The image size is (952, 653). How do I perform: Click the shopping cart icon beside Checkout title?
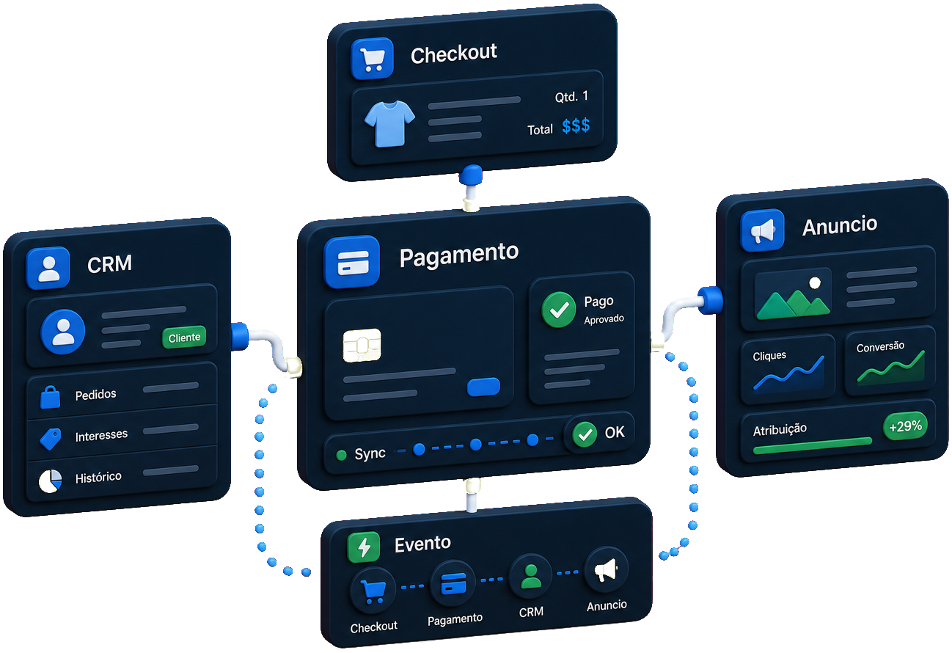[x=373, y=58]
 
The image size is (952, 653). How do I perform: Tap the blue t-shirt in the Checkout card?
[x=389, y=124]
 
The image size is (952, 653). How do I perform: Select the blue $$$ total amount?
[x=576, y=126]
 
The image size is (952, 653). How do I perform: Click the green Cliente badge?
[x=184, y=338]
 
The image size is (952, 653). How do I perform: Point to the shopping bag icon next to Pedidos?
[x=50, y=397]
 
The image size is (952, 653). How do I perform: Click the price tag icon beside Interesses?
[x=50, y=439]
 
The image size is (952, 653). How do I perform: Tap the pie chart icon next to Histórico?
[x=50, y=481]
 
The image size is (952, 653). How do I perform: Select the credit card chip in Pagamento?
[x=362, y=345]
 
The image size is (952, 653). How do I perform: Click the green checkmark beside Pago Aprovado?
[x=558, y=310]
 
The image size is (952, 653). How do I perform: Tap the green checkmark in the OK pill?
[x=585, y=434]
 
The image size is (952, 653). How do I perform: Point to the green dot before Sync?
[x=341, y=456]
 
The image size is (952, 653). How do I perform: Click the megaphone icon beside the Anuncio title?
[x=763, y=230]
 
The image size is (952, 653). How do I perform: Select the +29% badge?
[x=905, y=426]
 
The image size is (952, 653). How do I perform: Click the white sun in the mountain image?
[x=815, y=282]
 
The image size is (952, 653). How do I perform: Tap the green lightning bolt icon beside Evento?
[x=364, y=547]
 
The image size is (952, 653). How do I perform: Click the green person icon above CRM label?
[x=531, y=577]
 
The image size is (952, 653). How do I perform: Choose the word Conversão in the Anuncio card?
[x=880, y=347]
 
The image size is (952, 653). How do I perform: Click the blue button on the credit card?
[x=483, y=387]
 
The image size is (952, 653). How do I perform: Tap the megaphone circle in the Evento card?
[x=606, y=569]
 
